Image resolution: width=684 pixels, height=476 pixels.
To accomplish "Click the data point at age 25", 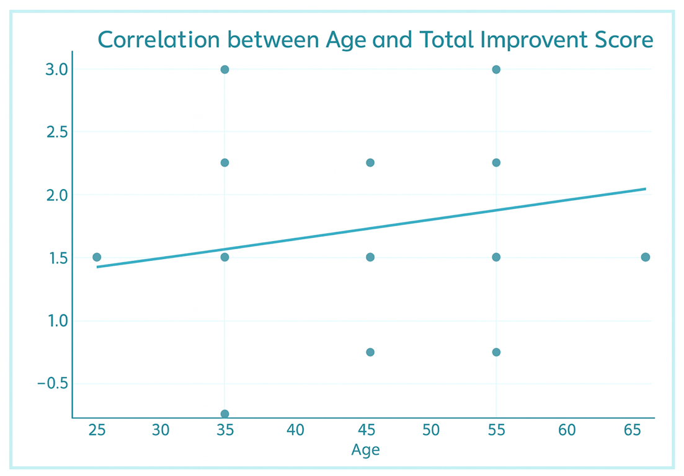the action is coord(97,257).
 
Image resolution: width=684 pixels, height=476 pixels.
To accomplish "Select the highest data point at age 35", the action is coord(224,69).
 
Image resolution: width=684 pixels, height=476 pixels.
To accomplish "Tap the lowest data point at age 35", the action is coord(224,413).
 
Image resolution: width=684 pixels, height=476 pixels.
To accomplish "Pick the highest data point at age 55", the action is coord(496,69).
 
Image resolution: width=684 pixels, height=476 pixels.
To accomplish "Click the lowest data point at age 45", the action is coord(370,352).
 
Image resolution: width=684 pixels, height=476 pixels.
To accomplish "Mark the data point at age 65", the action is coord(646,257).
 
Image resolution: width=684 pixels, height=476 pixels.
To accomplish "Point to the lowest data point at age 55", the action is coord(496,352).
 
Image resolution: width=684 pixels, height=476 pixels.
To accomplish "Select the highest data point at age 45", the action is coord(370,162).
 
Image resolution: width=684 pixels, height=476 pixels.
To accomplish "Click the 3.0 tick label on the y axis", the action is coord(56,69).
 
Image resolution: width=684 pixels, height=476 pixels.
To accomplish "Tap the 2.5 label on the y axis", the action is coord(56,132).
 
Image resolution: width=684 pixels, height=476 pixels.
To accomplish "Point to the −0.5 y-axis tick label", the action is coord(53,384).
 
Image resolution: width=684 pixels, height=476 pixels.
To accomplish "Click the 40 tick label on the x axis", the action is coord(295,430).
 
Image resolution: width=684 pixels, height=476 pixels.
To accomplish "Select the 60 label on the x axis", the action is coord(567,430).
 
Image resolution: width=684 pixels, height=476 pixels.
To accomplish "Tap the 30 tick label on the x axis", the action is coord(161,430).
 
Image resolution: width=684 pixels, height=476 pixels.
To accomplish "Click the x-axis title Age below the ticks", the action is coord(365,450).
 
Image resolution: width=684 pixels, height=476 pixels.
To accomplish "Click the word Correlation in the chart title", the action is coord(159,40).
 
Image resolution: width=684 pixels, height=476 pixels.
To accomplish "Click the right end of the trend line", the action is coord(646,189).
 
